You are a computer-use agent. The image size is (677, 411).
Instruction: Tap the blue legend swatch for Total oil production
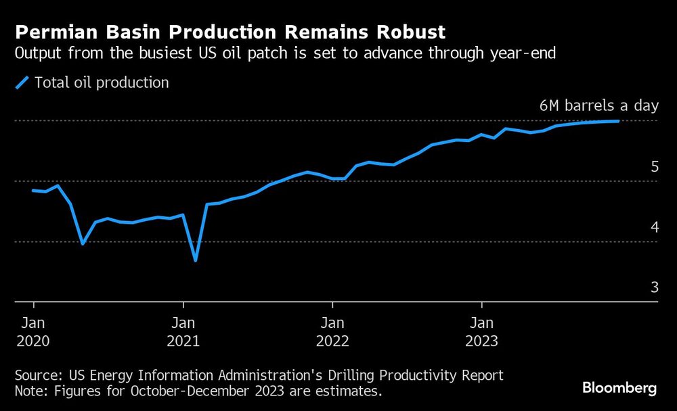[x=23, y=83]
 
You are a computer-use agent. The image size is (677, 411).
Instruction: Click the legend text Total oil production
[x=102, y=83]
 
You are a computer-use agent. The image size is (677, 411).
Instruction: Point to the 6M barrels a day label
[x=598, y=106]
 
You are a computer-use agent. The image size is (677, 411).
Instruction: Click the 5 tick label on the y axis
[x=654, y=166]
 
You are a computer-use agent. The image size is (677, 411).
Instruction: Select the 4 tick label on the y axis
[x=654, y=227]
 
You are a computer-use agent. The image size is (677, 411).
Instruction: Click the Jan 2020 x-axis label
[x=33, y=331]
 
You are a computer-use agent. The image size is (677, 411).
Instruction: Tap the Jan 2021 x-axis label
[x=183, y=331]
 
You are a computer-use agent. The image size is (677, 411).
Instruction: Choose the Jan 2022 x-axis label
[x=332, y=331]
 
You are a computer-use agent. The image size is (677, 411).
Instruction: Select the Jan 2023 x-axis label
[x=481, y=331]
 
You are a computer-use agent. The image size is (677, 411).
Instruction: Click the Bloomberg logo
[x=619, y=388]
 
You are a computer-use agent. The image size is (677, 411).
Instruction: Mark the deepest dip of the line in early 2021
[x=196, y=260]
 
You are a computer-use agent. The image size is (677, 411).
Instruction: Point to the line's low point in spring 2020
[x=83, y=243]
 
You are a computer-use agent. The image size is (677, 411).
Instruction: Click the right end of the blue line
[x=618, y=121]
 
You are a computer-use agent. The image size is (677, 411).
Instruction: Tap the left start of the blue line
[x=33, y=191]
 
